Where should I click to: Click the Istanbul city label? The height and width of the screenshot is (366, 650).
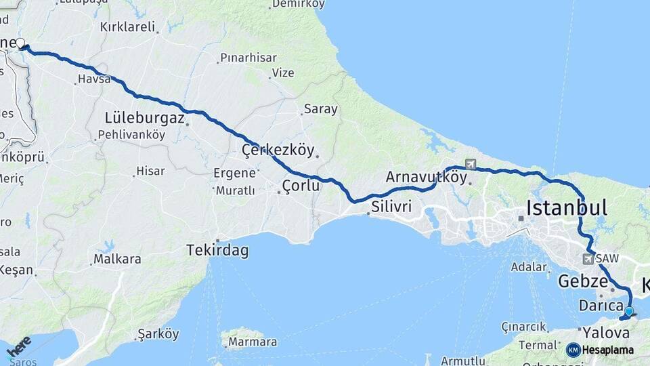click(566, 207)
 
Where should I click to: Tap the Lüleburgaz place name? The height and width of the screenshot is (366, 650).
click(145, 118)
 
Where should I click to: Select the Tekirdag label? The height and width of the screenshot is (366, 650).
click(217, 251)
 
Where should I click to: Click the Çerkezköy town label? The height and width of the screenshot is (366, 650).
click(278, 150)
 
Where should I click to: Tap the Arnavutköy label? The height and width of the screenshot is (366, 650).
click(427, 178)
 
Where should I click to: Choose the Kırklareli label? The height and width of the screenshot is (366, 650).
click(127, 27)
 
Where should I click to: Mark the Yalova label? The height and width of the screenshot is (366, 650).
click(606, 333)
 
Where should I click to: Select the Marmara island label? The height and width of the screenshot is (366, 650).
click(252, 342)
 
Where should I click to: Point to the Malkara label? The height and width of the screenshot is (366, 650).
click(117, 259)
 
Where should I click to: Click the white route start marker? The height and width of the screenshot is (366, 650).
click(20, 44)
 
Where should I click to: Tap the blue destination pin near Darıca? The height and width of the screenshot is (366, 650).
click(629, 311)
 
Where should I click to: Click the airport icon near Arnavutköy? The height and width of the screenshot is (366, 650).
click(471, 164)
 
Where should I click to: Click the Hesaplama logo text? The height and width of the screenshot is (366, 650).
click(607, 350)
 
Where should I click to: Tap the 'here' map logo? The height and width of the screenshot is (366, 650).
click(18, 346)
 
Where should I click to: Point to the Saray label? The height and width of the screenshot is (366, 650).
click(320, 108)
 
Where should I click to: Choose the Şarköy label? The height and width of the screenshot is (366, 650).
click(158, 334)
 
